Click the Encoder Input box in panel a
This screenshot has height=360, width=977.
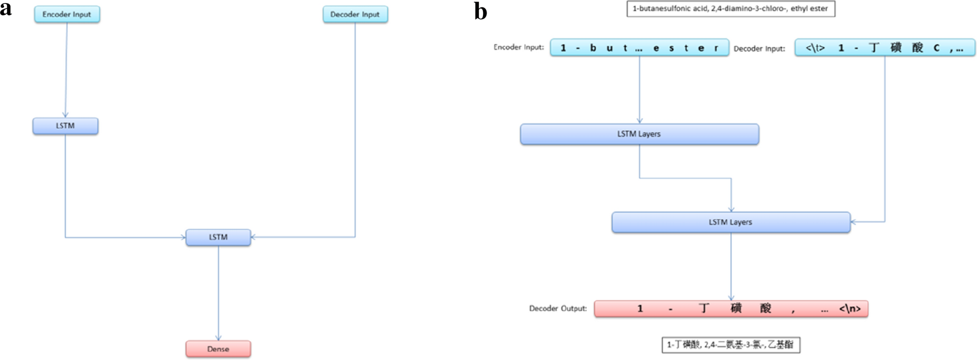[67, 14]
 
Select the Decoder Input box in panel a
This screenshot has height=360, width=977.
[355, 14]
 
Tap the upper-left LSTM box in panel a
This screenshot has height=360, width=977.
[65, 126]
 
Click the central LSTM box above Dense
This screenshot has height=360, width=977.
[218, 237]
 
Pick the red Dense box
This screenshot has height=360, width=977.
[218, 349]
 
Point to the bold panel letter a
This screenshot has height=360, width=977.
[6, 8]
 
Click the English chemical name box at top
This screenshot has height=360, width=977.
[730, 9]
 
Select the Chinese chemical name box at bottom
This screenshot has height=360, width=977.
[731, 345]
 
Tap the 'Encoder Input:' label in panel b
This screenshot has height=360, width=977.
[518, 47]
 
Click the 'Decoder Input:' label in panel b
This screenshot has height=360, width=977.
[759, 49]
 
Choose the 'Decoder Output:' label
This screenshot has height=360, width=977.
[558, 309]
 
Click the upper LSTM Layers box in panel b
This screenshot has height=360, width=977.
[639, 134]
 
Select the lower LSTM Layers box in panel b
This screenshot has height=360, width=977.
[731, 222]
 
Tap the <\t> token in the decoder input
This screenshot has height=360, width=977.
[815, 48]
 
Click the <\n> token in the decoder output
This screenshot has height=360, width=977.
[850, 309]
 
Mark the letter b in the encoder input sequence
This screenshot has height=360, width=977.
[593, 48]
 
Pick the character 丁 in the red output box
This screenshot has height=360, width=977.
[703, 309]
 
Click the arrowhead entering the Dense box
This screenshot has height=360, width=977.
[218, 338]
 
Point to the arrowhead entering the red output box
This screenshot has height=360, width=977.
[731, 298]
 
